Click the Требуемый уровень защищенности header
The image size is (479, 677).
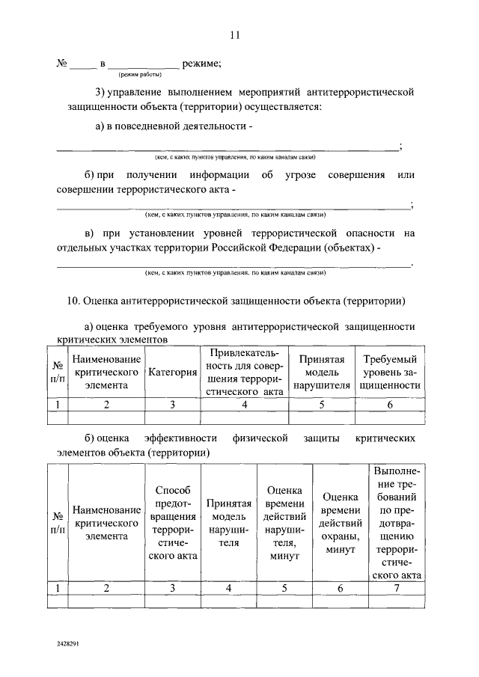coord(390,372)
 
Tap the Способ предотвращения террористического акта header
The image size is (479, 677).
coord(172,522)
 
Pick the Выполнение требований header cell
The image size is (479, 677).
coord(397,522)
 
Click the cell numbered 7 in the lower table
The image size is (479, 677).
coord(397,588)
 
